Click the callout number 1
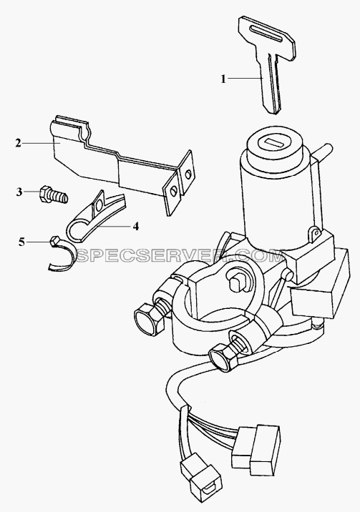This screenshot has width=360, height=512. (223, 79)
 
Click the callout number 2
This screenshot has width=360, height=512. (19, 143)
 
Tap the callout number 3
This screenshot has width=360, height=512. (19, 192)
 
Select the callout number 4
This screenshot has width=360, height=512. (135, 226)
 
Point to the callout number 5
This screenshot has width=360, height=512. (21, 242)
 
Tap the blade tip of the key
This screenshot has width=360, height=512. (274, 112)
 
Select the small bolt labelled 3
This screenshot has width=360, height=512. (54, 195)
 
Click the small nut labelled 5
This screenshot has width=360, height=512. (54, 242)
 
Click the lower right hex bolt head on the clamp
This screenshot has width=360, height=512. (223, 358)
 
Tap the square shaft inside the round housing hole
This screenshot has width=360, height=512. (235, 281)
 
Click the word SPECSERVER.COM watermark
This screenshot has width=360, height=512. (180, 257)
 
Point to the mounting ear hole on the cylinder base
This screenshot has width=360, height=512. (315, 232)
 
